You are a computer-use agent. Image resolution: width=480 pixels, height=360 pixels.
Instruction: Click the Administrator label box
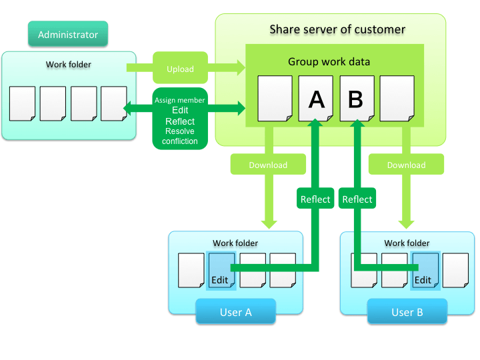[x=68, y=35]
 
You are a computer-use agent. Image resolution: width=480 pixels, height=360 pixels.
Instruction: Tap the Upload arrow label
[x=180, y=69]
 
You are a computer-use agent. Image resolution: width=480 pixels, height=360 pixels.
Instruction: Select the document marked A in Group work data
[x=316, y=99]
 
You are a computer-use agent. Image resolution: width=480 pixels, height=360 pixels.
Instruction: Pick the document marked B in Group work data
[x=356, y=99]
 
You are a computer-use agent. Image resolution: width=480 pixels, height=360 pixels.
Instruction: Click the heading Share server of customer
[x=337, y=29]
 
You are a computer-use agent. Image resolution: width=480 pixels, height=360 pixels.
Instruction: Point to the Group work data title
[x=329, y=62]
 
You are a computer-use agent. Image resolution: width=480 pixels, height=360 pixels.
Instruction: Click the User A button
[x=235, y=312]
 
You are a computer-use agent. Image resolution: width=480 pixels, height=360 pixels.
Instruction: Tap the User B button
[x=407, y=312]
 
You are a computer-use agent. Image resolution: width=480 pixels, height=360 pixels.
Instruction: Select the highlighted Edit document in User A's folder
[x=221, y=271]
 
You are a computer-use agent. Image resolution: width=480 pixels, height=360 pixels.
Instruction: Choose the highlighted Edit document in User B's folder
[x=425, y=271]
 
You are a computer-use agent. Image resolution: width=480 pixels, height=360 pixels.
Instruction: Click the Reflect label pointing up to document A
[x=315, y=199]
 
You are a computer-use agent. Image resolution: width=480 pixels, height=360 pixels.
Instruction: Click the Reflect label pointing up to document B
[x=357, y=199]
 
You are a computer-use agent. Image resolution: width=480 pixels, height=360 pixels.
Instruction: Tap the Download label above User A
[x=268, y=165]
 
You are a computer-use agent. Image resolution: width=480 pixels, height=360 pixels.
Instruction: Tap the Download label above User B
[x=406, y=165]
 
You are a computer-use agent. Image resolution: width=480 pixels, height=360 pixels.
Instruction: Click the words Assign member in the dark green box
[x=180, y=100]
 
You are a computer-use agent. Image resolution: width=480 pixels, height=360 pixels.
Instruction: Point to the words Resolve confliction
[x=180, y=136]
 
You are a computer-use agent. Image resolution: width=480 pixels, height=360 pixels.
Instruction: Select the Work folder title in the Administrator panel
[x=69, y=65]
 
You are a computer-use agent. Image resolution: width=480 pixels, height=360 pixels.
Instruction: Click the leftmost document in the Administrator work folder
[x=23, y=103]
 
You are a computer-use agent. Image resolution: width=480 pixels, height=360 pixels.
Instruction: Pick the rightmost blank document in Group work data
[x=397, y=99]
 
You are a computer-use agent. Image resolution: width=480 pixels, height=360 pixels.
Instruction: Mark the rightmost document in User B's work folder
[x=455, y=271]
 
